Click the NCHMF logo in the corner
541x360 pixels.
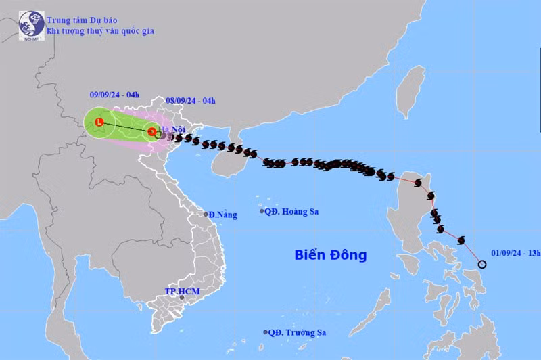coord(31,24)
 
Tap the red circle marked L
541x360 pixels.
coord(99,122)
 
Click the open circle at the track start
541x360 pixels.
coord(481,264)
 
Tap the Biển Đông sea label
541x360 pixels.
coord(330,255)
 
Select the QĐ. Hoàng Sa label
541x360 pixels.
coord(291,212)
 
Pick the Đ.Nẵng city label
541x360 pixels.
coord(223,215)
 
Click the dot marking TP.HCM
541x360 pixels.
coord(182,298)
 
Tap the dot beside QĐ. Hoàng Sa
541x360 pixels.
coord(262,212)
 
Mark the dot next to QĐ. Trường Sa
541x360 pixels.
coord(265,332)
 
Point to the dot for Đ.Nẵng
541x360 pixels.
coord(207,215)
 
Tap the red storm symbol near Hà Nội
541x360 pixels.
coord(153,132)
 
